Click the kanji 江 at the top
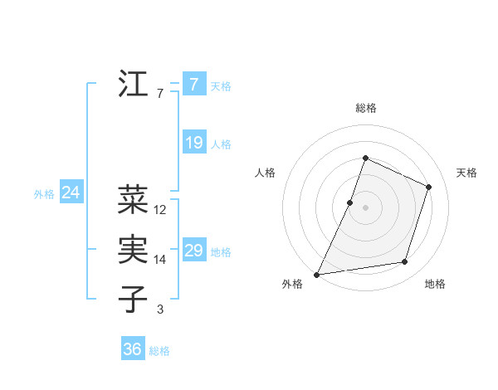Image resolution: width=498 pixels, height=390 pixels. pyautogui.click(x=133, y=85)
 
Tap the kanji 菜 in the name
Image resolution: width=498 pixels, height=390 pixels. pyautogui.click(x=133, y=200)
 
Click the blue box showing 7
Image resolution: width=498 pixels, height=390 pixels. pyautogui.click(x=193, y=85)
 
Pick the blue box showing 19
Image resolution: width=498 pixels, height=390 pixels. pyautogui.click(x=193, y=143)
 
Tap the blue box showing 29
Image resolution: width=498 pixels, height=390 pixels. pyautogui.click(x=193, y=251)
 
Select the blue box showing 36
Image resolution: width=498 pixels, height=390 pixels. pyautogui.click(x=133, y=349)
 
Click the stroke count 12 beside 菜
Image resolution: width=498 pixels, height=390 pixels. pyautogui.click(x=160, y=210)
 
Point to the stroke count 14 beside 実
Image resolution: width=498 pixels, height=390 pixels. pyautogui.click(x=160, y=260)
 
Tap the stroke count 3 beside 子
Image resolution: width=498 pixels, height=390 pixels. pyautogui.click(x=159, y=310)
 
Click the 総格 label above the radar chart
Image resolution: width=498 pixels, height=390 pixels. pyautogui.click(x=365, y=108)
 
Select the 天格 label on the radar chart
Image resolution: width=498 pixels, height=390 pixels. pyautogui.click(x=466, y=173)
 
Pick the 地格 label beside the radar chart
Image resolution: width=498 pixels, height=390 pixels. pyautogui.click(x=435, y=284)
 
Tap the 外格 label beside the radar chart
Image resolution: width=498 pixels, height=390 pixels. pyautogui.click(x=292, y=284)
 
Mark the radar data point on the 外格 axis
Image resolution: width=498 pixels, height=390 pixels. pyautogui.click(x=317, y=274)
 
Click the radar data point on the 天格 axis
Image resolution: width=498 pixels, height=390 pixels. pyautogui.click(x=429, y=187)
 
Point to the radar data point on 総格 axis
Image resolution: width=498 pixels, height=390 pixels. pyautogui.click(x=365, y=158)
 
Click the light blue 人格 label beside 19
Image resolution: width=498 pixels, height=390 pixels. pyautogui.click(x=221, y=144)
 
